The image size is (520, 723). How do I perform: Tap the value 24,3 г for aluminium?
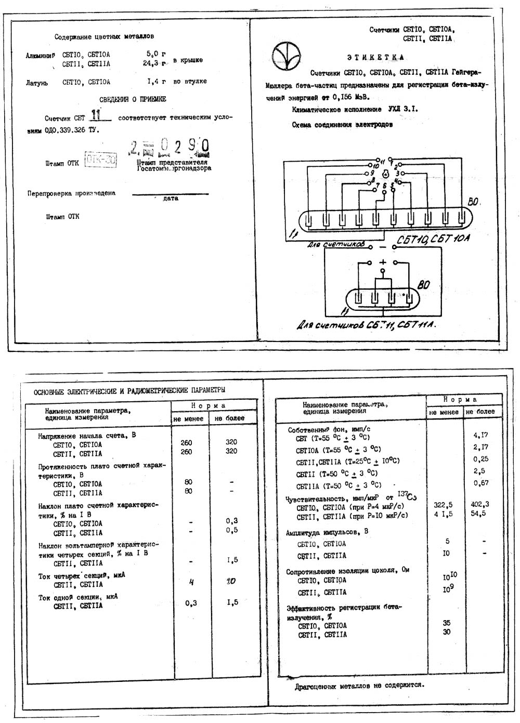coord(157,63)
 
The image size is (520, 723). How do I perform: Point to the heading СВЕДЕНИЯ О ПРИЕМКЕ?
coord(133,99)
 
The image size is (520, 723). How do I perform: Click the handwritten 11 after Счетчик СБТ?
coord(96,115)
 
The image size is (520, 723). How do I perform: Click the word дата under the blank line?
coord(171,198)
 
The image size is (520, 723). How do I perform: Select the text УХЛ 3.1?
coord(402,110)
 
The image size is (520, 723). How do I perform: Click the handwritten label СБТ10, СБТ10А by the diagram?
coord(433,239)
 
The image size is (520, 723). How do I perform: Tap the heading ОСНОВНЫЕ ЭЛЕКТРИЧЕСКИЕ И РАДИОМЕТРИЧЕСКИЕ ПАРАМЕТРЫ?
coord(130,390)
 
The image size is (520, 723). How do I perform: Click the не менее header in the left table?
coord(190,418)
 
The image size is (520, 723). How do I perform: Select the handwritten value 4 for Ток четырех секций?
coord(191,582)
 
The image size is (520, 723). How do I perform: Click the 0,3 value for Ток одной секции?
coord(191,603)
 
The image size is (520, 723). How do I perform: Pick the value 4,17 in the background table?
coord(480,435)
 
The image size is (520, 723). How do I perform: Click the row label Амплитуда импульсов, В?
coord(327,533)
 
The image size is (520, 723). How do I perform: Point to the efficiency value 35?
coord(447,623)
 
